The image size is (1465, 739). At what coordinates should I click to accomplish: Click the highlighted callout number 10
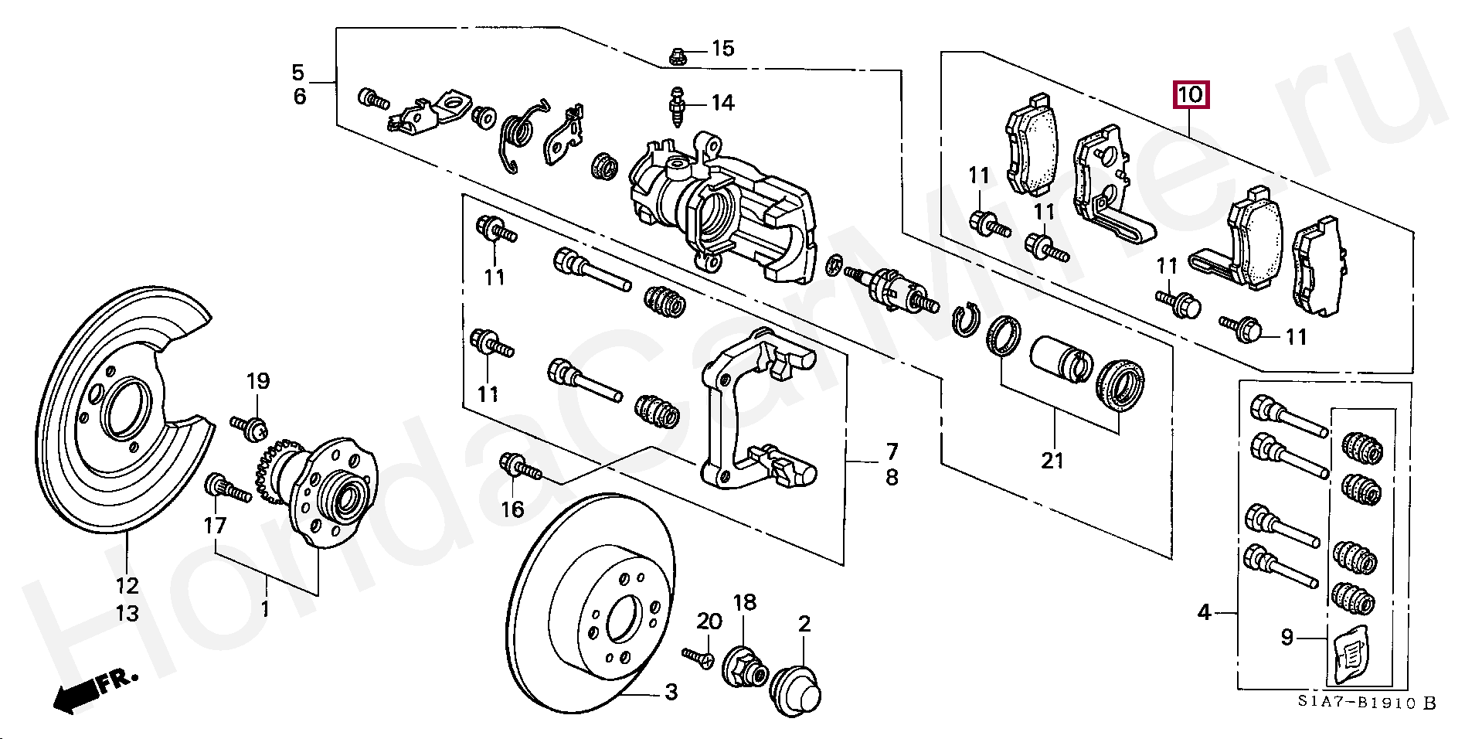(1191, 96)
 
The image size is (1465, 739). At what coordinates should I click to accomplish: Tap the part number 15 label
(722, 49)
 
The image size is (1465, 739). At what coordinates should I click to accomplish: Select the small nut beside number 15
(676, 55)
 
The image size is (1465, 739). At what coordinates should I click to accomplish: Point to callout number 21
(1052, 461)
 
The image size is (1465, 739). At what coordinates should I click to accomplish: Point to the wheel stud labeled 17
(228, 489)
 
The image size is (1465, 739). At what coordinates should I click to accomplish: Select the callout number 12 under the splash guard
(127, 584)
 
